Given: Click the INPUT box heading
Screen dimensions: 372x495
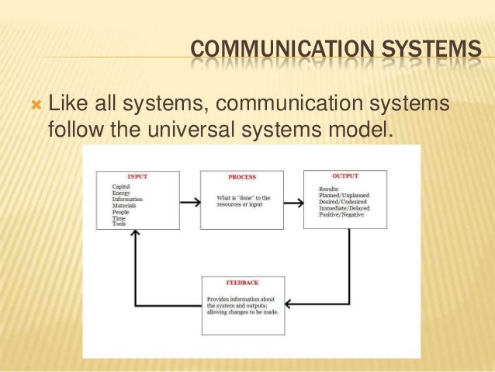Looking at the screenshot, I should (137, 177).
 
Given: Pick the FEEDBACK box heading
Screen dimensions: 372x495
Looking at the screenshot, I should (241, 284).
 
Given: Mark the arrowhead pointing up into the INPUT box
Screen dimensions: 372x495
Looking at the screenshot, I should (136, 236).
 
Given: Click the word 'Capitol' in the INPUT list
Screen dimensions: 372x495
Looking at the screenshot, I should (121, 187).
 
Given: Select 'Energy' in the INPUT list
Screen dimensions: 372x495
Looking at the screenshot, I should (120, 193).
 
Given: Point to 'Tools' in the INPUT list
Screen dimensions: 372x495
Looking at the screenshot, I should (119, 224).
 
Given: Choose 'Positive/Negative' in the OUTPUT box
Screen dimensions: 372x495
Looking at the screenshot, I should (342, 214).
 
